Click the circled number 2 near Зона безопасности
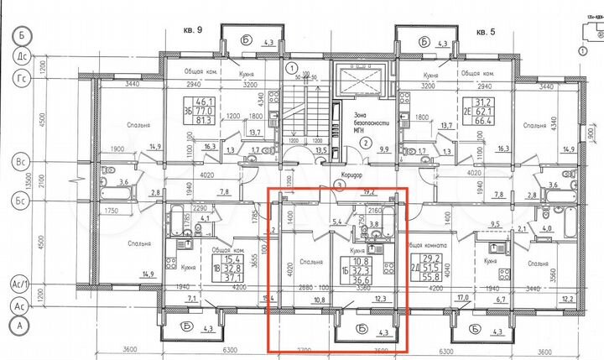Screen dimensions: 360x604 [x=366, y=143]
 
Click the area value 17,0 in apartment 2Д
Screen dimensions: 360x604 [x=461, y=298]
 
